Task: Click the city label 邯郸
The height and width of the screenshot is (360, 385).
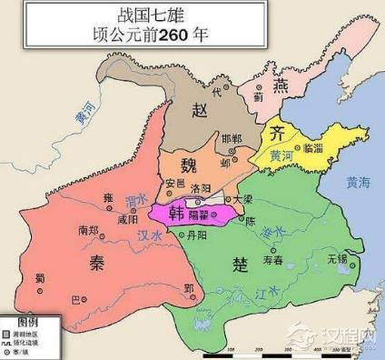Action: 232,137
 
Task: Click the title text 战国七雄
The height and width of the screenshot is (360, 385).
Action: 193,15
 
